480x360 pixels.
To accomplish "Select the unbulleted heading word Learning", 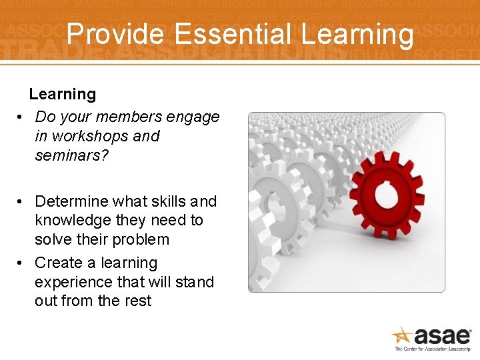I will pyautogui.click(x=62, y=95).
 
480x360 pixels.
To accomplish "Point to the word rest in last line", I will pyautogui.click(x=138, y=301).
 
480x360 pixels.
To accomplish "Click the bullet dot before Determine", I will pyautogui.click(x=21, y=201).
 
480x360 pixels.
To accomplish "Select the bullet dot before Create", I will pyautogui.click(x=21, y=263).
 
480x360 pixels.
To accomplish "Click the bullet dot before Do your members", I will pyautogui.click(x=21, y=117).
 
